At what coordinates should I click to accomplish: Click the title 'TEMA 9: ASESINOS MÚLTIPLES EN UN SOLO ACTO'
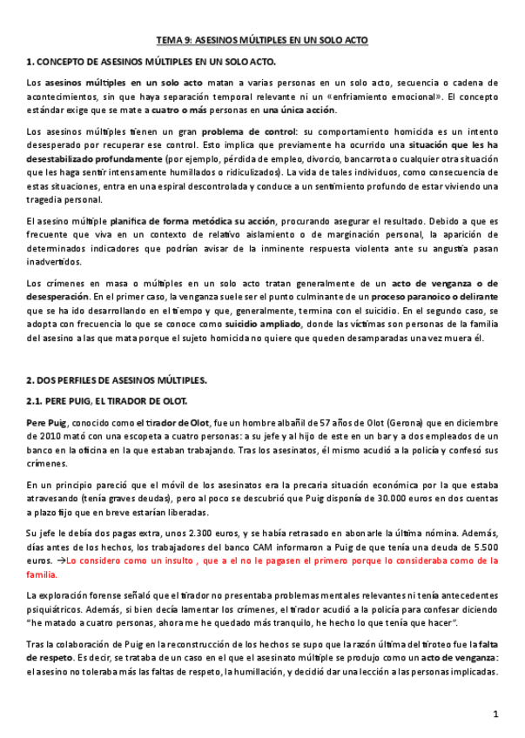pos(262,40)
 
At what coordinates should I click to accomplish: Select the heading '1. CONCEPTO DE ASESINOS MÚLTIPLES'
pos(151,62)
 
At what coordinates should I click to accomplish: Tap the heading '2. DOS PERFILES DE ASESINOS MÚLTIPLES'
pos(118,380)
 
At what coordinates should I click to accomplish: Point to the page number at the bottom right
pos(495,715)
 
